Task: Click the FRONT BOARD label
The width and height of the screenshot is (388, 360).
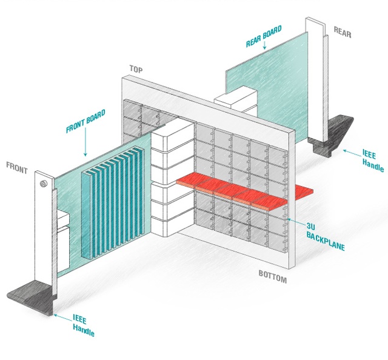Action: (x=85, y=121)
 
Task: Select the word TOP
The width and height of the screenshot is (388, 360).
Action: (x=136, y=69)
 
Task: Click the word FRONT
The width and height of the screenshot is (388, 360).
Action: (x=17, y=168)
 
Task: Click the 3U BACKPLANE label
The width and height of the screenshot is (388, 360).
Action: (x=322, y=228)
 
